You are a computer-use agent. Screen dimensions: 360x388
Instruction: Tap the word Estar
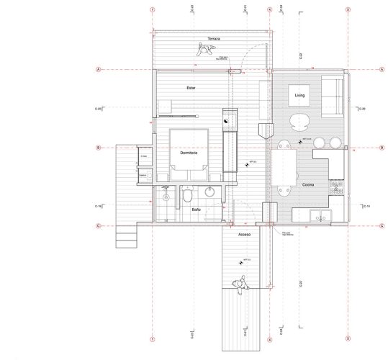tap(191, 88)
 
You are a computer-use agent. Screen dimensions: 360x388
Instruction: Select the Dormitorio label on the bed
tap(189, 153)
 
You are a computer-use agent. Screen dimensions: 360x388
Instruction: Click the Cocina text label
tap(307, 185)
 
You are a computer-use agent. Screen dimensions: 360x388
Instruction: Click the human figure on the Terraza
tap(205, 49)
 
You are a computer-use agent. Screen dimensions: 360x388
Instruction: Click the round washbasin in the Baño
tap(209, 192)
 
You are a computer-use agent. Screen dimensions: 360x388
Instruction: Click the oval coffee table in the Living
tap(299, 120)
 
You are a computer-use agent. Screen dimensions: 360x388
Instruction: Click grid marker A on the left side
tap(97, 70)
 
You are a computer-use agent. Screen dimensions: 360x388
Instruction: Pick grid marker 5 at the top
tap(348, 10)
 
